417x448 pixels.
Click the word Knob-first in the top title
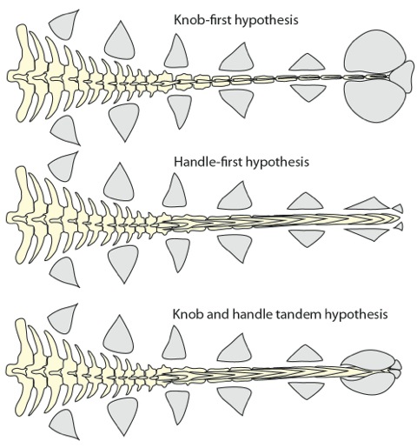(202, 20)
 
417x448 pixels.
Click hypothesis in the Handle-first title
(276, 163)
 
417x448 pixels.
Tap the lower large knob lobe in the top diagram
(374, 100)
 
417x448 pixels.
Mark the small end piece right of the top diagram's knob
(402, 77)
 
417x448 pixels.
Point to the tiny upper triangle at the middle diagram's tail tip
(399, 208)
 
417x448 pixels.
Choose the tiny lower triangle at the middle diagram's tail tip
(399, 226)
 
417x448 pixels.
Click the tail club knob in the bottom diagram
(371, 372)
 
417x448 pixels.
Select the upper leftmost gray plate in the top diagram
(64, 24)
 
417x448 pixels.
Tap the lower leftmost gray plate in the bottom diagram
(64, 424)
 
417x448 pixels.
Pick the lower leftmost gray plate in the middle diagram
(64, 272)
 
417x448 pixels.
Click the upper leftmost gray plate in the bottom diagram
(63, 318)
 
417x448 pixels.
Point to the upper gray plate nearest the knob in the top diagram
(307, 63)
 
